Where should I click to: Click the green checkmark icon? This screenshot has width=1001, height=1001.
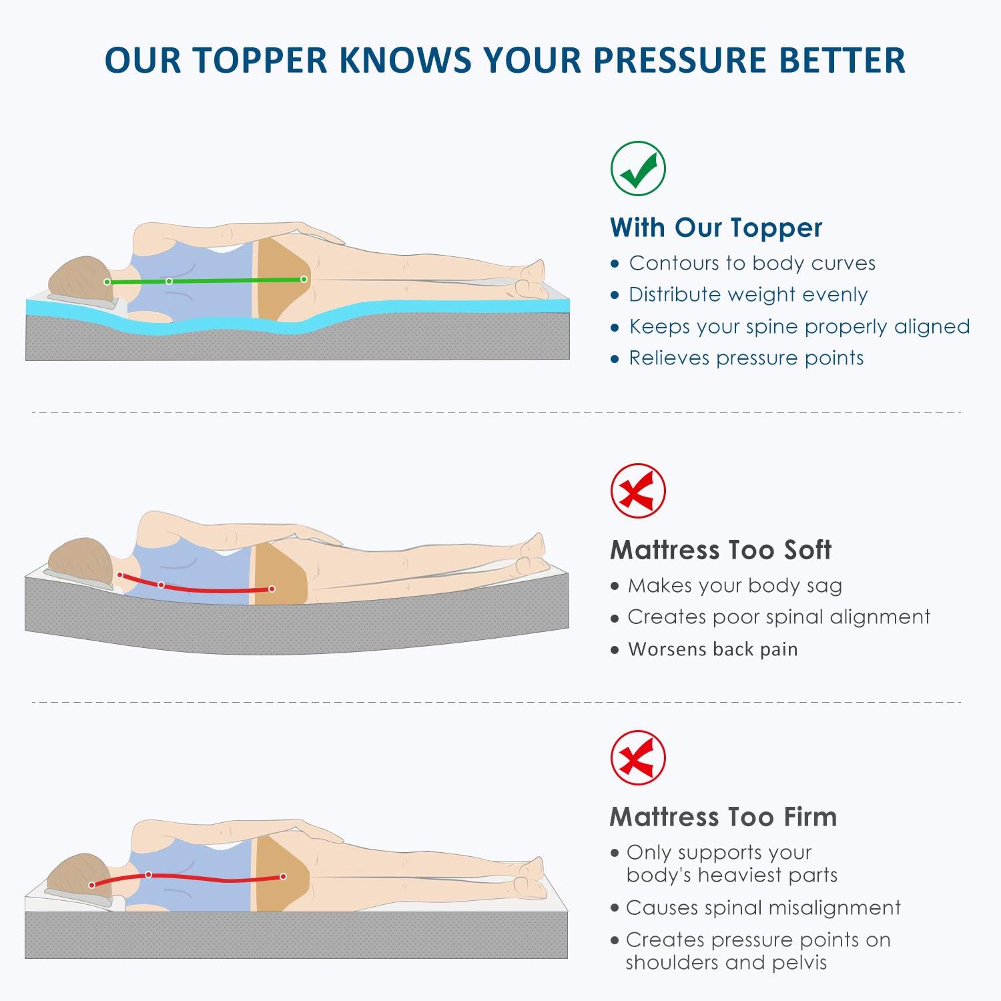click(x=638, y=168)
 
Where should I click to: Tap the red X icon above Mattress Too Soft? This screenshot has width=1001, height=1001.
click(x=638, y=490)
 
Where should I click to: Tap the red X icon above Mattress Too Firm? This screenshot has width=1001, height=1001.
click(x=638, y=757)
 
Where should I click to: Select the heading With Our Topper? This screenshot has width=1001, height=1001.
click(x=715, y=228)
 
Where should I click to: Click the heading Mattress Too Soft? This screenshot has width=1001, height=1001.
click(x=721, y=550)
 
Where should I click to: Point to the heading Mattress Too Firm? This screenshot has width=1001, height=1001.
click(x=723, y=817)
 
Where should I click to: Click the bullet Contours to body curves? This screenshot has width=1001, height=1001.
click(x=751, y=263)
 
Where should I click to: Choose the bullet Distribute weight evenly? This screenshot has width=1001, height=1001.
click(x=747, y=294)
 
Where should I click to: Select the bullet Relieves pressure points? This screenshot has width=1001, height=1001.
click(x=745, y=358)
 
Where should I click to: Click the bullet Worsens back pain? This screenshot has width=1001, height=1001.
click(x=712, y=649)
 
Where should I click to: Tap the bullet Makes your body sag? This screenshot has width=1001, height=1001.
click(x=734, y=585)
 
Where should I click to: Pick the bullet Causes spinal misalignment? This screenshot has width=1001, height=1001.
click(x=763, y=908)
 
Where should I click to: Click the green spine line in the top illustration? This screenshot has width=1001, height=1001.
click(x=234, y=280)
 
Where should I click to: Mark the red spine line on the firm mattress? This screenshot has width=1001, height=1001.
click(x=214, y=879)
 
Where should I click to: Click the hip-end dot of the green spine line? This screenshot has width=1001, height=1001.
click(x=304, y=279)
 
